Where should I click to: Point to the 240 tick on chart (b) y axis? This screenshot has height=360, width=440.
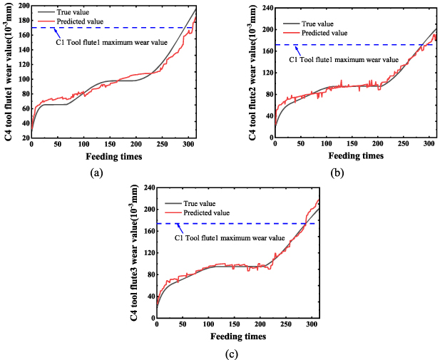coord(264,8)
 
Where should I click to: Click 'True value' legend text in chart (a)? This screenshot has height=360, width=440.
coord(80,12)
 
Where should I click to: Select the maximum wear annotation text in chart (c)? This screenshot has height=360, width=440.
coord(230,237)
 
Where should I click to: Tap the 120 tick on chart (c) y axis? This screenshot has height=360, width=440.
coord(148,253)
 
